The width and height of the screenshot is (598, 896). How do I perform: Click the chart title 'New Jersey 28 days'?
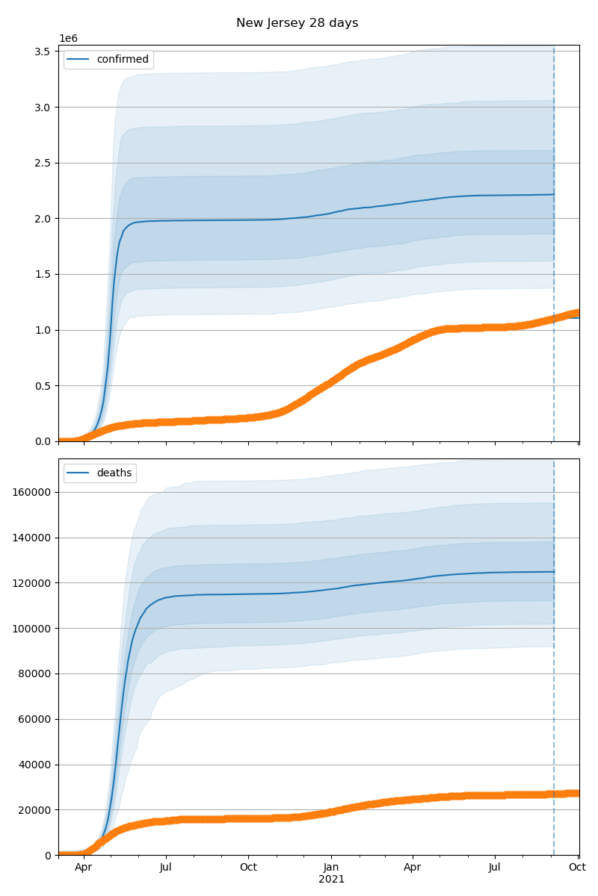point(297,23)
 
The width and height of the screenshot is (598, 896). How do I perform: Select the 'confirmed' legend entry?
point(122,60)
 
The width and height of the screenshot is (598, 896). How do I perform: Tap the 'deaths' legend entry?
point(114,473)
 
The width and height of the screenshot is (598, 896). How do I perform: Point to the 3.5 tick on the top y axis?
point(41,52)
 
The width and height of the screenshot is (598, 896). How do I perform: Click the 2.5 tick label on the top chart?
point(41,163)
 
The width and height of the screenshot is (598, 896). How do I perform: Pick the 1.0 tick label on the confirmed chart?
point(41,330)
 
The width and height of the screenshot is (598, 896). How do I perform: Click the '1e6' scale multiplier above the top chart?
point(68,39)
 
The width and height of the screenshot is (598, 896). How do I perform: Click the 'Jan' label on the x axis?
point(331,868)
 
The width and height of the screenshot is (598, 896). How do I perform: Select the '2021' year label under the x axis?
point(331,880)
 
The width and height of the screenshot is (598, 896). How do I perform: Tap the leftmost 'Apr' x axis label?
point(83,868)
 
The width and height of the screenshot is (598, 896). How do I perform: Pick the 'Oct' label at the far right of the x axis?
point(577,868)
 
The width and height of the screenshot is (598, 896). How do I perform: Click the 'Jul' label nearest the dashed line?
point(495,868)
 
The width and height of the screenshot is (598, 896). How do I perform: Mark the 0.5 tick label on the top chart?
point(41,386)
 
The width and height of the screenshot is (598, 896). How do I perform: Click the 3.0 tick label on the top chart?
point(41,108)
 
